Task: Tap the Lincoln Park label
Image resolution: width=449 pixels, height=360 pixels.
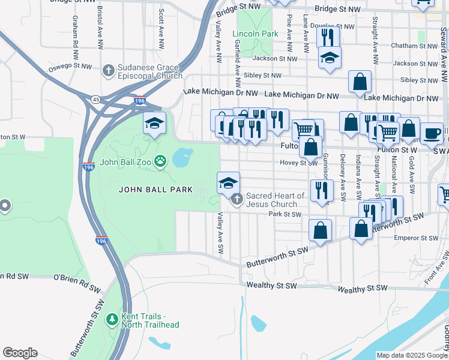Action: tap(255, 34)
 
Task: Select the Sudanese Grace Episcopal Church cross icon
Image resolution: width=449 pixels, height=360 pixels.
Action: tap(108, 71)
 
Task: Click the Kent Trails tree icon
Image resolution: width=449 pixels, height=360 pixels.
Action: tap(111, 319)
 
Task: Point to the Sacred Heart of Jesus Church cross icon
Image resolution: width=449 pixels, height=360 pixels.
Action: tap(237, 199)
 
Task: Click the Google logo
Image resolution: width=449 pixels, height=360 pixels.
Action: tap(20, 353)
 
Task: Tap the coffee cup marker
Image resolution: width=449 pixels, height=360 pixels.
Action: tap(431, 133)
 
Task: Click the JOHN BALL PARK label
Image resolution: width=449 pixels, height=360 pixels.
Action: tap(155, 190)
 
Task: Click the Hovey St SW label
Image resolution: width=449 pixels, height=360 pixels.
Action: tap(299, 163)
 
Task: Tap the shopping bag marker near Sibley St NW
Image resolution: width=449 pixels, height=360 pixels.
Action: tap(360, 82)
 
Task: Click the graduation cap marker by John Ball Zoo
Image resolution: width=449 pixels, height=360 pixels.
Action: tap(154, 123)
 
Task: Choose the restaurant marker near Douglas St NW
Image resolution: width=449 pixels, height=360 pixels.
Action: tap(328, 38)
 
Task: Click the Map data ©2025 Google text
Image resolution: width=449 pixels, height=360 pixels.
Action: tap(411, 355)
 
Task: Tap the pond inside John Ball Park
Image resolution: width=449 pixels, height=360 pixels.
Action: tap(182, 158)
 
